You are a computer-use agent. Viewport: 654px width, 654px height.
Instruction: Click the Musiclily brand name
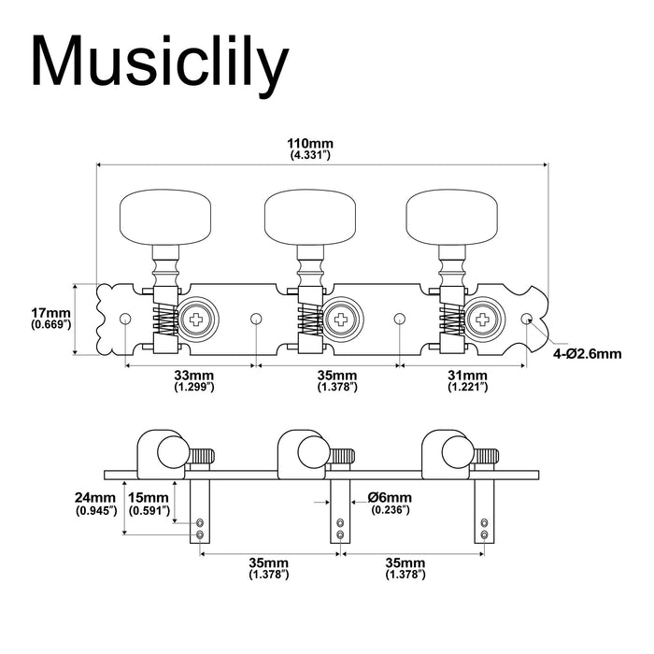click(x=159, y=63)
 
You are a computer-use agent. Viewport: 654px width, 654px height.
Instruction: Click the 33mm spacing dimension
click(x=192, y=378)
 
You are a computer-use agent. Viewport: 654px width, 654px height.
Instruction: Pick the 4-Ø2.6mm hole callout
click(x=587, y=354)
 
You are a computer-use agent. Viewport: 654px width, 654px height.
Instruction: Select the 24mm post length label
click(x=96, y=503)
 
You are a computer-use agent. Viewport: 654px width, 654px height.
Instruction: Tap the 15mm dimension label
click(x=149, y=503)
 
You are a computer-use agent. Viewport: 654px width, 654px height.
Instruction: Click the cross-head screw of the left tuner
click(x=198, y=319)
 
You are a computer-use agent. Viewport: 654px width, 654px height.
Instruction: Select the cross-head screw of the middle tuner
click(x=340, y=319)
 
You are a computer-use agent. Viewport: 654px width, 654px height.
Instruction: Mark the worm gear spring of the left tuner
click(x=163, y=320)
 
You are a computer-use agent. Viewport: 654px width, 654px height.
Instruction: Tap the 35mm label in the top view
click(x=334, y=378)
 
